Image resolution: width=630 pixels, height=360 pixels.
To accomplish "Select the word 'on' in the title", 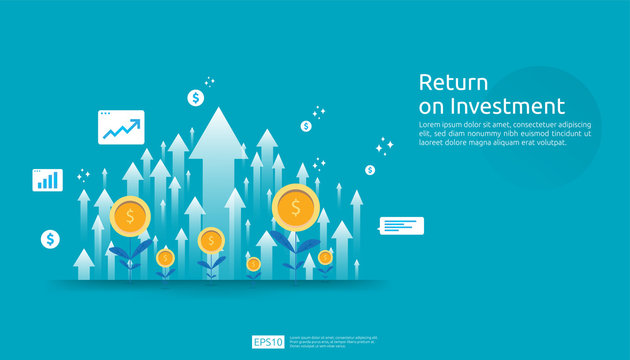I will pos(431,106).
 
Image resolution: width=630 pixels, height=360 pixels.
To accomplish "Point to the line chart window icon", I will pos(121,128).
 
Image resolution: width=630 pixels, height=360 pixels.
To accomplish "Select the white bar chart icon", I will pos(47,180).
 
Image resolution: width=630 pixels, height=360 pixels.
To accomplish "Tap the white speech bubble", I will pos(401,226).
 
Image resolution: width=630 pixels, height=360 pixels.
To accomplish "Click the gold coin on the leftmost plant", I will pos(130,216).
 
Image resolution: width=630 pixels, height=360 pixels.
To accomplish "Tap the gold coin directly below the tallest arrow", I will pos(211,240).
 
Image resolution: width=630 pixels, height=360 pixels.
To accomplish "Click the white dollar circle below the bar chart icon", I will pos(50,239).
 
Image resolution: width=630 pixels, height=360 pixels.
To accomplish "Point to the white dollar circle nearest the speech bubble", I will pos(370,170).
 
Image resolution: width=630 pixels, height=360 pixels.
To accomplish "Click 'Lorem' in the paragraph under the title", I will pos(431,124).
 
